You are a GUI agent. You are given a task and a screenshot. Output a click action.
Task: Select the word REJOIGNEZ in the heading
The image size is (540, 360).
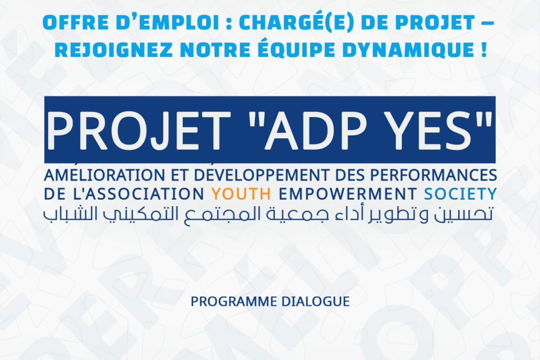tap(114, 50)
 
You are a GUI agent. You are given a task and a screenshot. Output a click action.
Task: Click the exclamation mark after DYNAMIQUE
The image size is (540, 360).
tap(484, 50)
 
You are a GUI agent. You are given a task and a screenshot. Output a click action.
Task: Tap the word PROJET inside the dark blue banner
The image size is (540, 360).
tap(138, 131)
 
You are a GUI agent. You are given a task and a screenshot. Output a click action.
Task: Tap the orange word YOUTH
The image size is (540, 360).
tap(241, 195)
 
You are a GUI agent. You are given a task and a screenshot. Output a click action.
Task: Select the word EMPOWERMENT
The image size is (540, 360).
tap(348, 195)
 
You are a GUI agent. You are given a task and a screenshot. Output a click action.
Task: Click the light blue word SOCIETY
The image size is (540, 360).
tap(460, 195)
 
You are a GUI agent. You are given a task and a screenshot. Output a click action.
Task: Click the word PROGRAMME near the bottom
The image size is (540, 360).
tap(234, 302)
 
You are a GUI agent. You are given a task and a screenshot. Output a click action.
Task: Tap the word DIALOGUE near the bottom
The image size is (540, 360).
tap(315, 302)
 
